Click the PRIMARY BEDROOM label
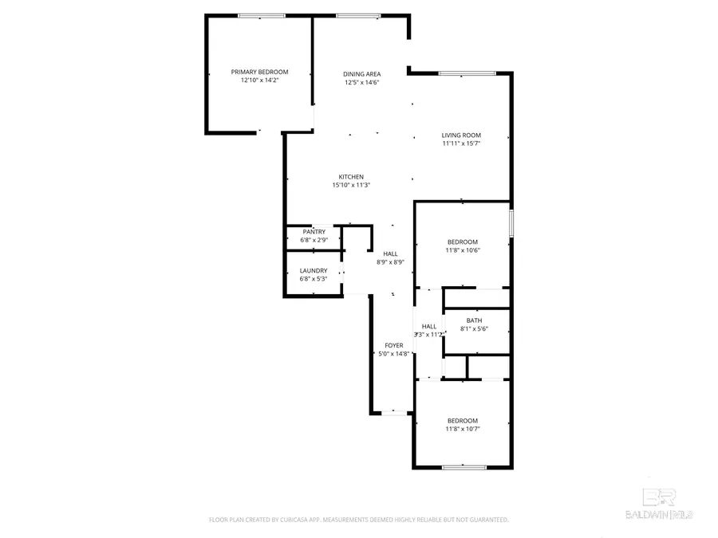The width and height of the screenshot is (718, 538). (259, 72)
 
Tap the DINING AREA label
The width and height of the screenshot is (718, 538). (361, 73)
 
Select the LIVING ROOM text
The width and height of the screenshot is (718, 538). (461, 135)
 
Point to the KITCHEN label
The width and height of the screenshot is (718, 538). (351, 177)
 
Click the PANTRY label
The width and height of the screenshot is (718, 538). (314, 232)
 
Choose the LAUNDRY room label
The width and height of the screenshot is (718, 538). (314, 270)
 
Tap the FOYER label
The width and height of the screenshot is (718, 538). (393, 345)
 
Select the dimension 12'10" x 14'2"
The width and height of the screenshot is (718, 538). (259, 81)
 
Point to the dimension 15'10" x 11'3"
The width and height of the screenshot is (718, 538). (351, 185)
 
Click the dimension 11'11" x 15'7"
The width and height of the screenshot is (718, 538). (461, 144)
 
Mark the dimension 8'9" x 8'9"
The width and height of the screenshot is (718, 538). (390, 262)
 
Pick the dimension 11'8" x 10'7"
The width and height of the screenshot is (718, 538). (462, 429)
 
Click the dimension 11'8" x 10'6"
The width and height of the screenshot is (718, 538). (462, 250)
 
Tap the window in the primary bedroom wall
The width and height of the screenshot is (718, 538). (262, 15)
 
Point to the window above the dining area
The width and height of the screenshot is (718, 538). (357, 15)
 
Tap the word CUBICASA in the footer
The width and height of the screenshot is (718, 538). (291, 520)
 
